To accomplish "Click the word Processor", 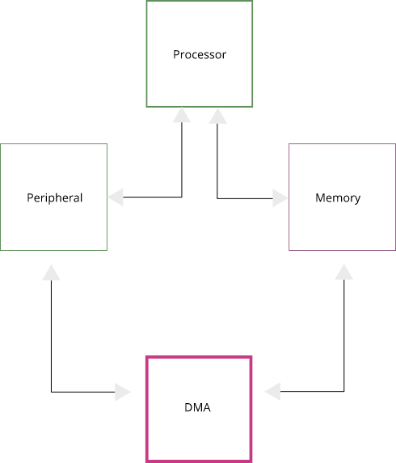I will coord(200,55).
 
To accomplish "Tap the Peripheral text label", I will coord(54,198).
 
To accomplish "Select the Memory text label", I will coord(338,198).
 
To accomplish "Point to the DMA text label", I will coord(197,407).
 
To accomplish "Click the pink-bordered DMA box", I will coord(199,437).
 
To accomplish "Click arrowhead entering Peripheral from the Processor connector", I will coord(116,197).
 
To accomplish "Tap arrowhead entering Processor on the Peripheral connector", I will coord(182,116).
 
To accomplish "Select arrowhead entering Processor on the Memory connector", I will coord(217,116).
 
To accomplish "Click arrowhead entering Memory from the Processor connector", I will coord(280,198).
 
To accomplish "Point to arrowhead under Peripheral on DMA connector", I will coord(52,272).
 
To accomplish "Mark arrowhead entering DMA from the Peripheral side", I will coord(122,392).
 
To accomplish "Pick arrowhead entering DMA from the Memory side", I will coord(272,392).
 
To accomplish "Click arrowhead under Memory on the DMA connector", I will coord(344,271).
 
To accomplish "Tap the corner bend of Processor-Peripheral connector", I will coord(182,197).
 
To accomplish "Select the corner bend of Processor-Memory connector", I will coord(217,198).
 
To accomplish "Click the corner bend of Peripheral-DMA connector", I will coord(52,392).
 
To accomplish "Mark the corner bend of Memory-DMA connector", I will coord(344,392).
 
